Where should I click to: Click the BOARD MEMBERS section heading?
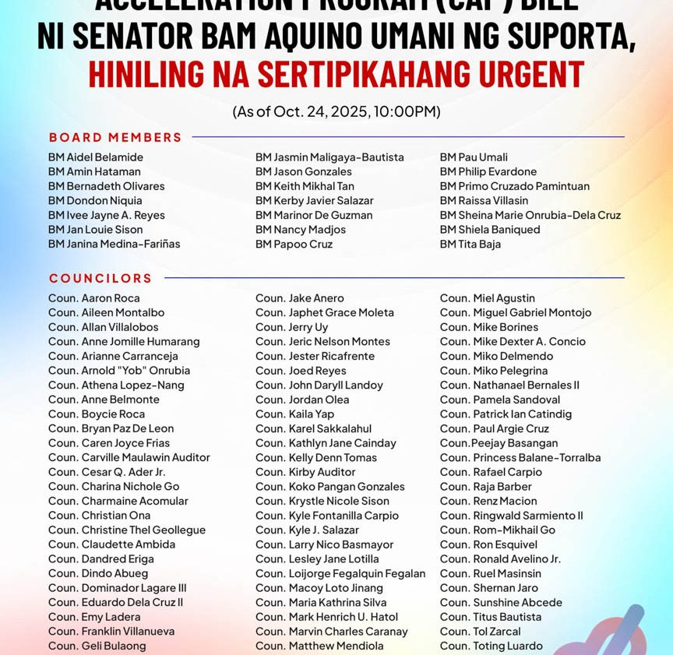115,137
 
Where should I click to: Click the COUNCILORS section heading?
100,278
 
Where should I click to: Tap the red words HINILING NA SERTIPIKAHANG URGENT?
336,75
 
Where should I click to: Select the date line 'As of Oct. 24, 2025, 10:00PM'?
336,111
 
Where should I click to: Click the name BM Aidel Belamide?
96,157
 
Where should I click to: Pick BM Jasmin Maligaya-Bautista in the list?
329,157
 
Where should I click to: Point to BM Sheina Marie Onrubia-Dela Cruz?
530,215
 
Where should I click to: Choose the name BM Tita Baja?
470,244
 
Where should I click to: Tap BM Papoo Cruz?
294,244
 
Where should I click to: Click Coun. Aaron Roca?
94,298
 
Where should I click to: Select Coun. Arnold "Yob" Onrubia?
119,371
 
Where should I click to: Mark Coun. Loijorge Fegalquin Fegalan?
340,573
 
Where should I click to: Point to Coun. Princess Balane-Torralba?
520,457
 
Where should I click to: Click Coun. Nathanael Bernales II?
509,385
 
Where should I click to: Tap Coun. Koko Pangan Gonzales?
330,486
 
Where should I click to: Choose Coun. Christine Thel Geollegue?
127,530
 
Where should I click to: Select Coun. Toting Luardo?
491,646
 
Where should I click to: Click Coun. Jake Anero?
300,298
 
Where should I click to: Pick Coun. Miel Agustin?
487,298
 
